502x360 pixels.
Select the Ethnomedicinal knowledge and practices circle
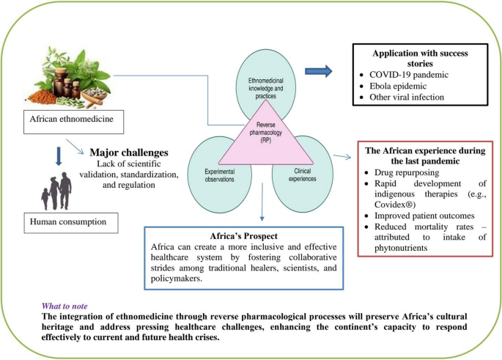266,69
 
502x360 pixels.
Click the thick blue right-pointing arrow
319,71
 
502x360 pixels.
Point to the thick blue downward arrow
59,156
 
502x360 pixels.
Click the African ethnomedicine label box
73,122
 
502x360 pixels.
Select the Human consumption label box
71,223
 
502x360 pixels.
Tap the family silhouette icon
56,191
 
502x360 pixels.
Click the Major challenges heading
129,153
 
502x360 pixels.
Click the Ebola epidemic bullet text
398,86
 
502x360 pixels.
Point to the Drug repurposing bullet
407,172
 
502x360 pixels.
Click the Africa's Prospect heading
243,236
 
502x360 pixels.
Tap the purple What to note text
64,306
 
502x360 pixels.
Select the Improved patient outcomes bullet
424,216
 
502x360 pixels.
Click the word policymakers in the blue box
177,279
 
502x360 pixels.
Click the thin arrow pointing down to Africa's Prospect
262,202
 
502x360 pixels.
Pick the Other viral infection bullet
407,97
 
